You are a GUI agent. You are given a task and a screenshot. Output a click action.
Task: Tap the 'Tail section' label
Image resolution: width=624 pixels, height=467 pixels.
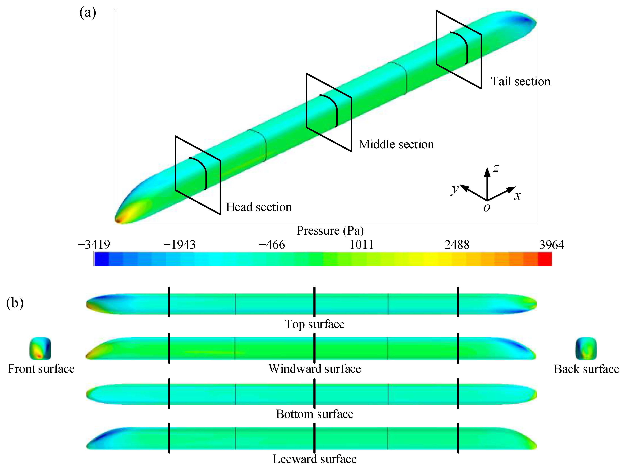click(x=520, y=81)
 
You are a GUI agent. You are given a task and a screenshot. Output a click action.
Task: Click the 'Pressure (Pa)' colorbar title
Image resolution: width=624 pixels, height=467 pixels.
click(x=330, y=231)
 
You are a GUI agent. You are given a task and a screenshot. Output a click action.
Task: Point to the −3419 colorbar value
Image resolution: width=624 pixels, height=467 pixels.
click(x=94, y=245)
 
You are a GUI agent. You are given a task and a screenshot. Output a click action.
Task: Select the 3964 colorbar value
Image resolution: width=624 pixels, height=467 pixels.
click(x=551, y=245)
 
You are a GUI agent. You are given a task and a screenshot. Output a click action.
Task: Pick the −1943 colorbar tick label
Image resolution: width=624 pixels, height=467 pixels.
click(x=180, y=245)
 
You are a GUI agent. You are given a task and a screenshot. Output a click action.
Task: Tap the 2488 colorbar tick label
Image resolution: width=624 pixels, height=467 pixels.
click(x=457, y=245)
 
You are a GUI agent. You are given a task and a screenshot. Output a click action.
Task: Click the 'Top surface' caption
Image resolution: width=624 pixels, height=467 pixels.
click(x=315, y=324)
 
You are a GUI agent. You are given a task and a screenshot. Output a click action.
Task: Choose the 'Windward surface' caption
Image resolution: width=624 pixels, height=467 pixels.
click(x=315, y=369)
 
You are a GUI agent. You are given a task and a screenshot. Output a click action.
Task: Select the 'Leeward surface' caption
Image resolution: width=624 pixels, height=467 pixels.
click(x=315, y=459)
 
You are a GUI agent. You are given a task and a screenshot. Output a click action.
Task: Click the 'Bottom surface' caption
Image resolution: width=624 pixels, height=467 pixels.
click(x=315, y=414)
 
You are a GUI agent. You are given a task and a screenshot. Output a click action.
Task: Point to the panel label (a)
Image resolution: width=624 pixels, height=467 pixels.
click(x=88, y=13)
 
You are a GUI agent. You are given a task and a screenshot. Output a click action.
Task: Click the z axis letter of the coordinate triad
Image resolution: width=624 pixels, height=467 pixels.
click(x=496, y=168)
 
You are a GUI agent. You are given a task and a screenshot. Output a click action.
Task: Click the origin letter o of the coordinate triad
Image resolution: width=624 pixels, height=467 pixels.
click(x=487, y=208)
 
